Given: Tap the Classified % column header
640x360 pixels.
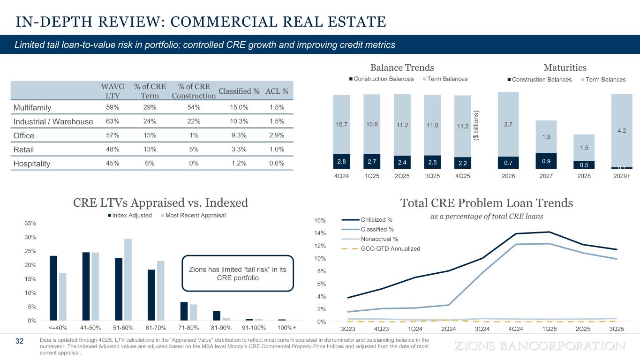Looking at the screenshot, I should point(239,90).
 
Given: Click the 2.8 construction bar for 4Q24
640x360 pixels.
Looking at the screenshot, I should point(341,161).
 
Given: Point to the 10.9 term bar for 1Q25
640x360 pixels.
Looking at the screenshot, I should point(371,124).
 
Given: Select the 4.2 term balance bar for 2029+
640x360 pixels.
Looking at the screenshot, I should point(622,130).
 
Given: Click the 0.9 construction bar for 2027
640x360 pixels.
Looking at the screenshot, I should point(546,160).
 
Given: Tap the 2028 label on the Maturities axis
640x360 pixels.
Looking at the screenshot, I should point(584,178).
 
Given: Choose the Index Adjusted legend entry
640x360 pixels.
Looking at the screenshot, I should point(129,215).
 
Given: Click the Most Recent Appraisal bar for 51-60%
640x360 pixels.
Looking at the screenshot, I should point(128,280).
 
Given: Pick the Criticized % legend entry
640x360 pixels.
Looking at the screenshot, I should point(376,220).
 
